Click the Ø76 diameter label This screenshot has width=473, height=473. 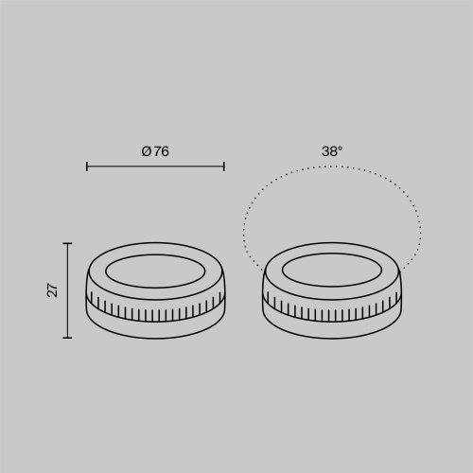coord(155,151)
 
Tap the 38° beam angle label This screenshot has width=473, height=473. coord(332,151)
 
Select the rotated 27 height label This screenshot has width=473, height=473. coord(53,290)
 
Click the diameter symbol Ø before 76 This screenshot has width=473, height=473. coord(147,151)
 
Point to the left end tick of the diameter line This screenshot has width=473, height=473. coord(87,166)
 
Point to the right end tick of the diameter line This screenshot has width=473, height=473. coord(224,166)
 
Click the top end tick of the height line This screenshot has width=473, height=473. coord(67,243)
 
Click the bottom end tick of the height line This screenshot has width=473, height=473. coord(67,338)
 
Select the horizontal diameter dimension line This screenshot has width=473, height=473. coord(155,166)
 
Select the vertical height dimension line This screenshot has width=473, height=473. coord(67,290)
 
